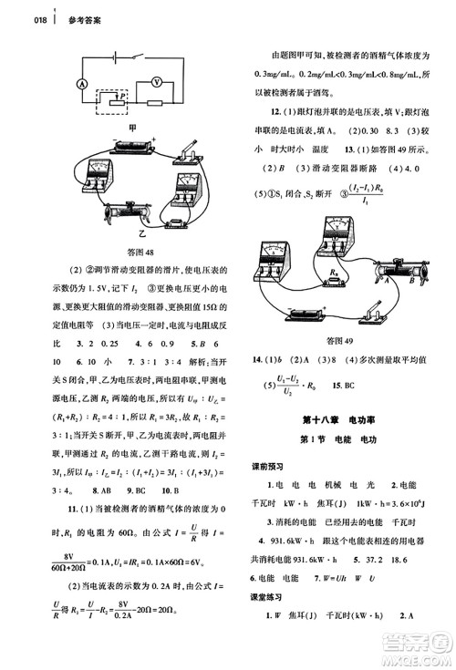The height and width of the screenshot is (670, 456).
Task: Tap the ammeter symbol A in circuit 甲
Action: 81,83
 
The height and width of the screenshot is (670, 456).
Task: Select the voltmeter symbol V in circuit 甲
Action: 156,83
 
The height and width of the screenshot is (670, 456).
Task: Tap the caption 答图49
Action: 343,343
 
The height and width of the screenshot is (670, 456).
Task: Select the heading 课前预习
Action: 269,467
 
